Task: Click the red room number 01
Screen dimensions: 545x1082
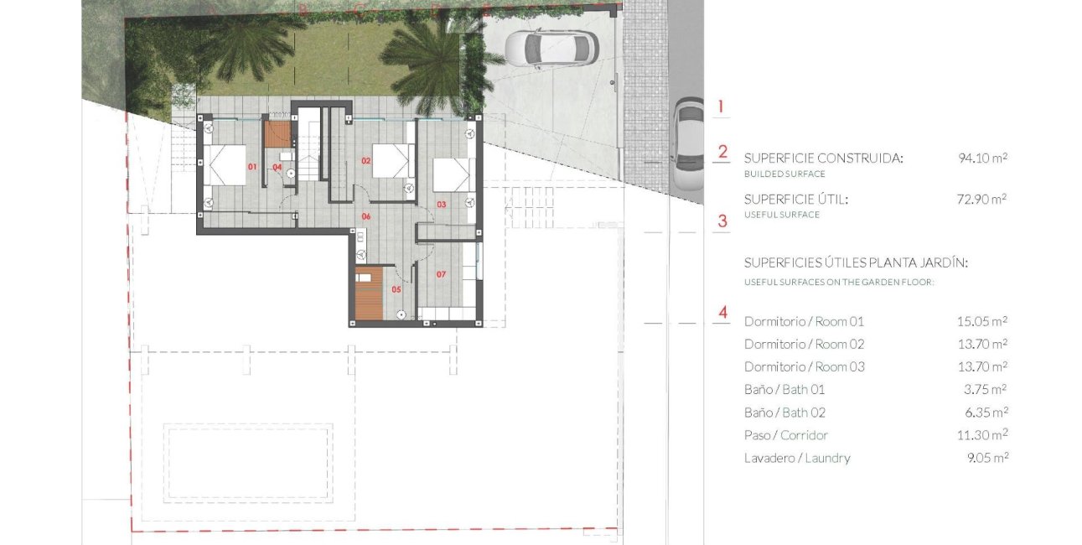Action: (251, 167)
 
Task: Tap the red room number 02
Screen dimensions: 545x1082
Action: (365, 159)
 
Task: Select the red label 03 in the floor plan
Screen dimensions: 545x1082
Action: (441, 204)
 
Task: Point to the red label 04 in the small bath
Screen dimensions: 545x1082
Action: (277, 167)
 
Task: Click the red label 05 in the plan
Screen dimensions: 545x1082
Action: (396, 289)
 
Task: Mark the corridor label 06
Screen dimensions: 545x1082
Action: (365, 216)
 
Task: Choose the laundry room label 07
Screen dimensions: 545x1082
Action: (441, 273)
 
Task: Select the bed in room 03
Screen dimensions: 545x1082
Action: (453, 174)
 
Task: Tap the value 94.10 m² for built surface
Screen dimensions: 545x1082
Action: (982, 158)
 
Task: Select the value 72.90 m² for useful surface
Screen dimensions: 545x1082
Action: (982, 200)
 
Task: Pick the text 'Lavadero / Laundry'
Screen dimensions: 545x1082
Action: (797, 458)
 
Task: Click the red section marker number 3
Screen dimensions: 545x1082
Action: (722, 222)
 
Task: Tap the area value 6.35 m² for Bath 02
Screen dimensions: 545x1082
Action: (986, 413)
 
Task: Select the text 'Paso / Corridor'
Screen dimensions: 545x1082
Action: (785, 435)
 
